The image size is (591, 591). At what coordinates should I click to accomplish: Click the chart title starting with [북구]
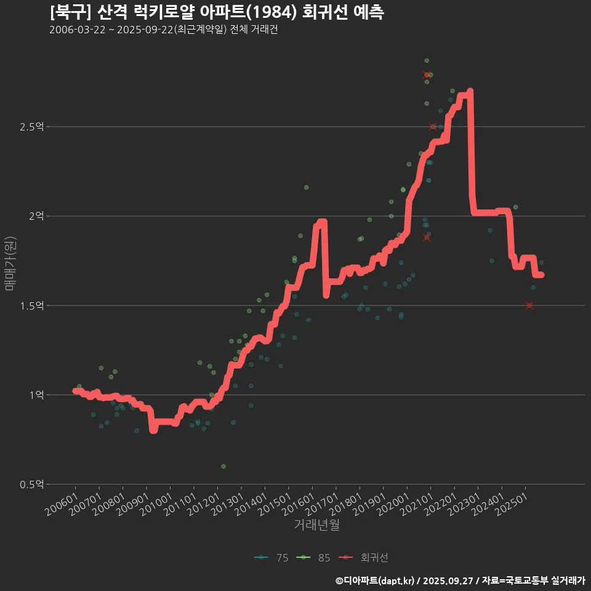(217, 12)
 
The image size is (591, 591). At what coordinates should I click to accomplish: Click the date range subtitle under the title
(163, 30)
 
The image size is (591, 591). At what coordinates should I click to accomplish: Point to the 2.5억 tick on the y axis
(31, 127)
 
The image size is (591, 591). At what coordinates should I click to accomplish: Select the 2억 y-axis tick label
(36, 216)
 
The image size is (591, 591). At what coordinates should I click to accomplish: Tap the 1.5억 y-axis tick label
(31, 305)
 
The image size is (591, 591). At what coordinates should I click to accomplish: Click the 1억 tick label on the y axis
(36, 395)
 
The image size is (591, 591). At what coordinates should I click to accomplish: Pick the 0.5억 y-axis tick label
(31, 484)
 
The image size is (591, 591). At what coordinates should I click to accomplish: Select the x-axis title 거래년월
(317, 525)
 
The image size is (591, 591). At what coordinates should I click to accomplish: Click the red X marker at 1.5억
(529, 305)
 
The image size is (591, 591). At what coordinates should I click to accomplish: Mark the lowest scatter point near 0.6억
(223, 467)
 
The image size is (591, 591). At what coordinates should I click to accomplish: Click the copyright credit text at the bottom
(460, 580)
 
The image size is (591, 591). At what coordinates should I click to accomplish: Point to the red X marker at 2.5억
(433, 127)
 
